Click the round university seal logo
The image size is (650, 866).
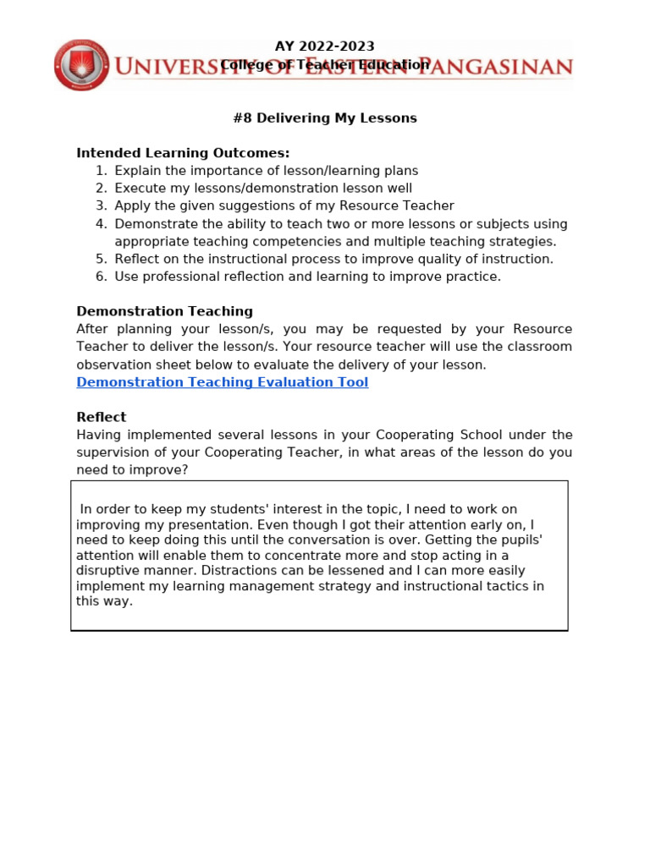(81, 64)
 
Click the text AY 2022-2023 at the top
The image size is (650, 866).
(325, 47)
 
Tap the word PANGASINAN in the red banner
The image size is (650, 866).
(506, 67)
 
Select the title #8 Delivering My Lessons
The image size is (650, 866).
(325, 118)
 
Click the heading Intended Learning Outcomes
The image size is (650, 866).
(183, 153)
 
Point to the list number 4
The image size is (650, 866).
(100, 224)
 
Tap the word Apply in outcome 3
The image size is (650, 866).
(132, 206)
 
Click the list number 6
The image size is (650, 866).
(100, 277)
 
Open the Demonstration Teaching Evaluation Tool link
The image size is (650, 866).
(222, 382)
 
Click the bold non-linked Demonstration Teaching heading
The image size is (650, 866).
(164, 311)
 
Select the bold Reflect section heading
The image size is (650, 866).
(101, 417)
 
